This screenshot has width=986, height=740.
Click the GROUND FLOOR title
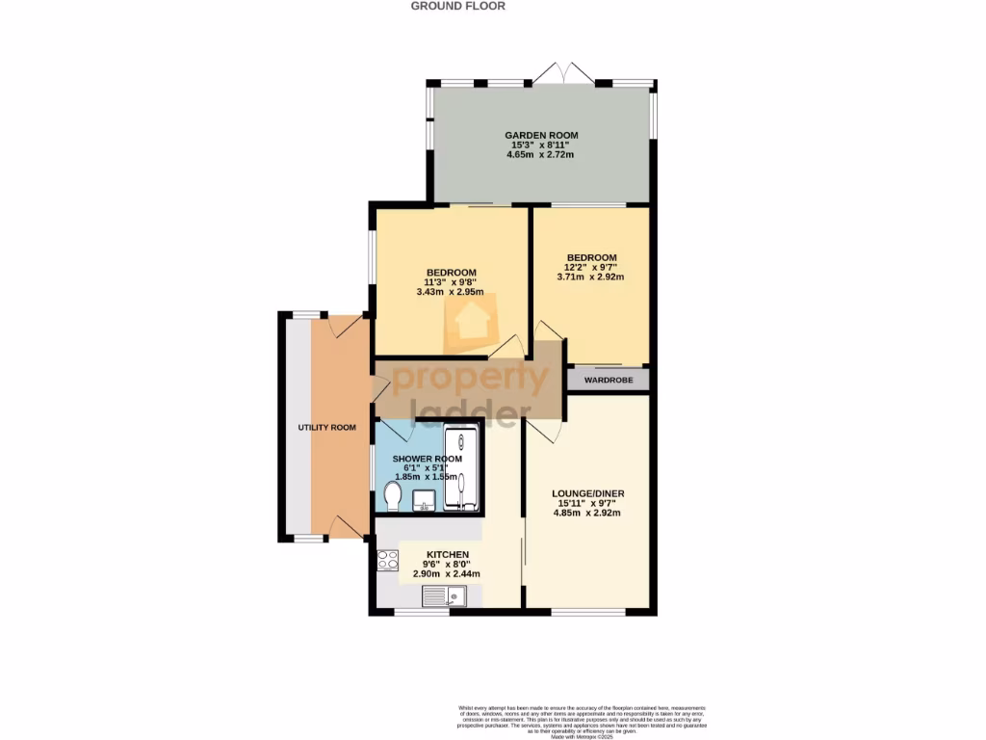(457, 6)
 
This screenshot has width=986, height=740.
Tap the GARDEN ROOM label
(542, 135)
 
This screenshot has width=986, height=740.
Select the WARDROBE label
(608, 379)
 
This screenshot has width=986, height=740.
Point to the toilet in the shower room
(392, 497)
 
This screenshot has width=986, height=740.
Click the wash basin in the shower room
(423, 500)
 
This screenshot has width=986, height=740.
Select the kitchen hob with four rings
(388, 560)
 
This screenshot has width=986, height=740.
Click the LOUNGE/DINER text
(590, 493)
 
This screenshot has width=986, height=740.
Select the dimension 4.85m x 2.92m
(586, 514)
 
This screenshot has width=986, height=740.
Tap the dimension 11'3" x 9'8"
(450, 282)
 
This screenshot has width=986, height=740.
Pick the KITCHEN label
(447, 555)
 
